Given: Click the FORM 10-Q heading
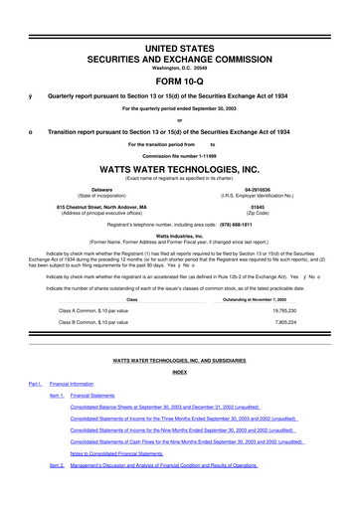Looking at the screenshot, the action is coord(179,55).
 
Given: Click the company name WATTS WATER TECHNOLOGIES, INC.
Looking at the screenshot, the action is coord(179,169).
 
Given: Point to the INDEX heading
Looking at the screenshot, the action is coord(179,372).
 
